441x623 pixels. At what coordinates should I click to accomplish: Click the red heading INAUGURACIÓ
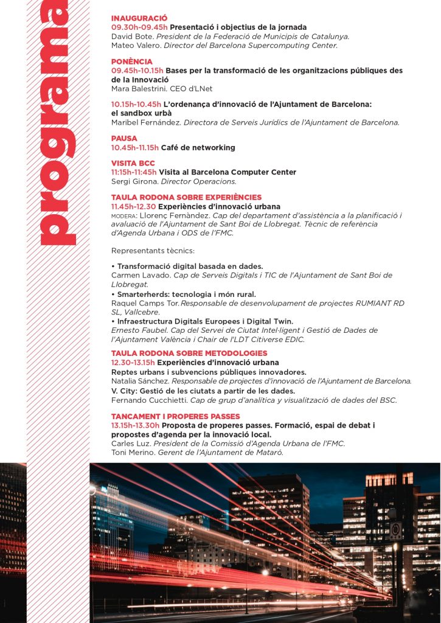[139, 19]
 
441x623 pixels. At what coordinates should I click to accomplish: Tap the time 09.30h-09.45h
[139, 27]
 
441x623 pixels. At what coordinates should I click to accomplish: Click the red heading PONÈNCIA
[132, 62]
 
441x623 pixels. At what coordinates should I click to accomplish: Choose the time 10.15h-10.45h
[136, 105]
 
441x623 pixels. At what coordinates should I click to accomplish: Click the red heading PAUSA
[124, 139]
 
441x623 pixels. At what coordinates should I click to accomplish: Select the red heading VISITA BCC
[133, 164]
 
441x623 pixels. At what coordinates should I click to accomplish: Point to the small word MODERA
[123, 216]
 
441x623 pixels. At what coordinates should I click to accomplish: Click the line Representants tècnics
[153, 251]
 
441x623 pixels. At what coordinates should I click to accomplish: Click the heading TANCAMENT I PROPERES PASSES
[175, 417]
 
